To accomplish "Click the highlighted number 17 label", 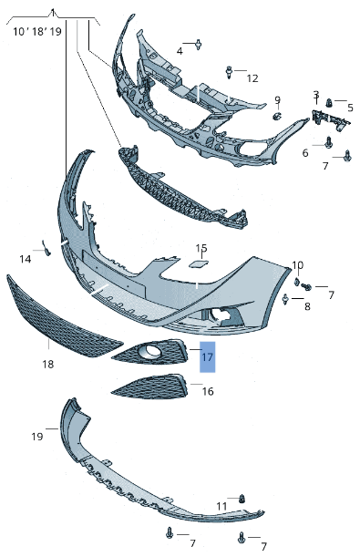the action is [x=207, y=356].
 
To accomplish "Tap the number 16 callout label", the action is [x=208, y=391].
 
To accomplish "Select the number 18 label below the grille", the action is [x=48, y=364].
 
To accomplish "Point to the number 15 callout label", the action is [x=201, y=248].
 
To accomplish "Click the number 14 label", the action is [x=26, y=259].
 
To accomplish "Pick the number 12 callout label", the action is [x=252, y=78].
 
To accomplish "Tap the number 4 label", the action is [x=180, y=51].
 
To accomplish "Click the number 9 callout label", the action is [x=278, y=100].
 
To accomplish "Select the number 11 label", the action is [x=221, y=506].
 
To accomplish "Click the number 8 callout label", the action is [x=307, y=306].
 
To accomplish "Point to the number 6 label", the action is [x=305, y=153].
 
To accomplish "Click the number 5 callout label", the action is [x=350, y=108].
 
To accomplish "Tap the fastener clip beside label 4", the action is [x=198, y=45].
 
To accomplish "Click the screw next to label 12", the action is [x=229, y=72].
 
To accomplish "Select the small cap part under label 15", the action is [x=198, y=263].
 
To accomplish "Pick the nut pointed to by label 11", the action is [x=242, y=499].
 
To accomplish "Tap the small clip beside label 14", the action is [x=46, y=247].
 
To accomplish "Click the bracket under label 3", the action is [x=331, y=120].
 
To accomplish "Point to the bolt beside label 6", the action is [x=328, y=143].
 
